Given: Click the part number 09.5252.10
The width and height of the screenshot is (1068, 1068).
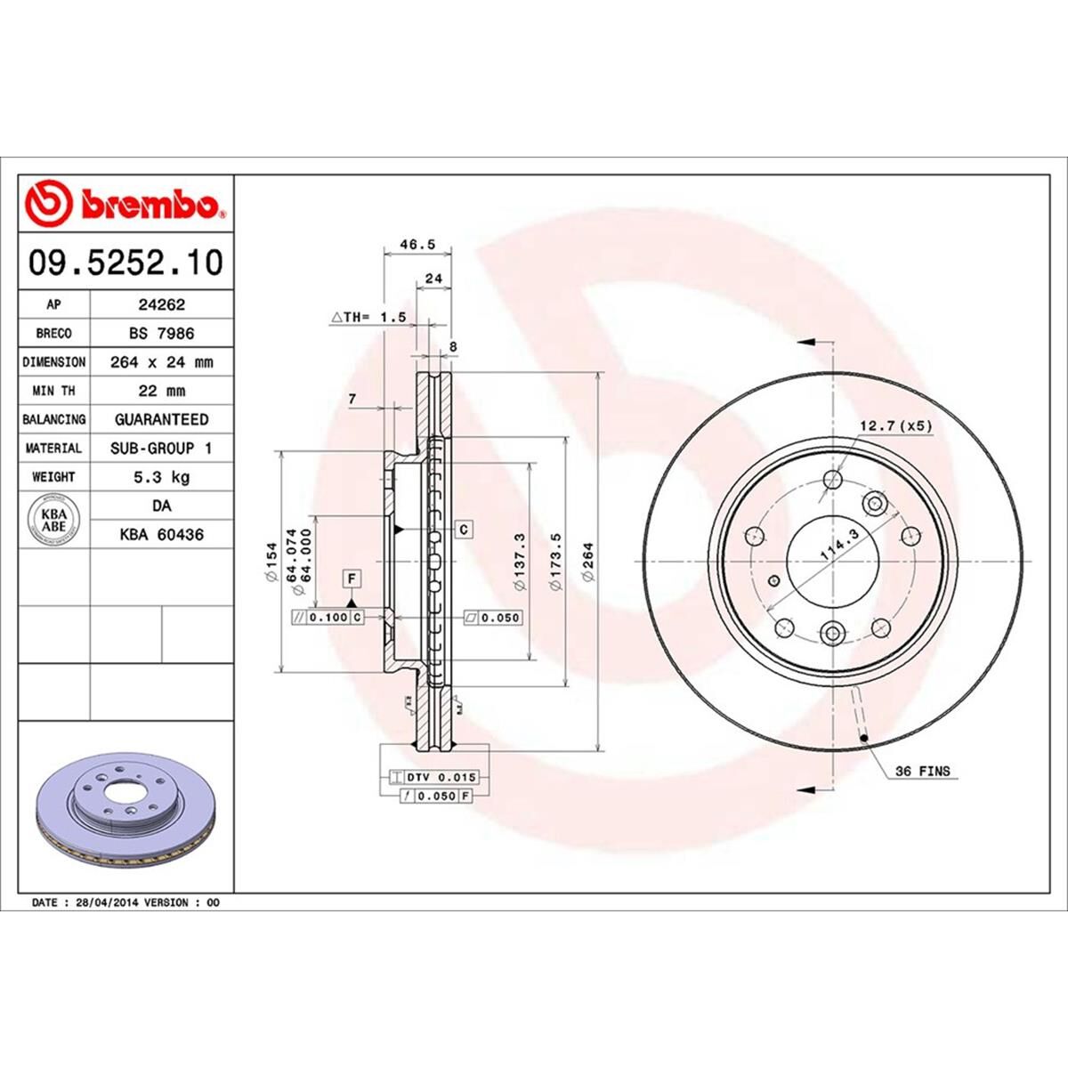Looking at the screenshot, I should [x=125, y=263].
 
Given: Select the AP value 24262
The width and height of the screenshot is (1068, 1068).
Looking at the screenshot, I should [x=161, y=304].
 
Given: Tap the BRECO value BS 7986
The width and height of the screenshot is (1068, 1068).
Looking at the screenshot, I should [x=161, y=333].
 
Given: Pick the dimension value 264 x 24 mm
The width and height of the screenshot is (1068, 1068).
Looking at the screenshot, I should [x=161, y=362].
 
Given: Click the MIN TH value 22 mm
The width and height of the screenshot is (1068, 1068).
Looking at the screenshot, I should [x=161, y=391].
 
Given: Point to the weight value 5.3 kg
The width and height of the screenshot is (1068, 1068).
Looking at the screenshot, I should [x=161, y=477].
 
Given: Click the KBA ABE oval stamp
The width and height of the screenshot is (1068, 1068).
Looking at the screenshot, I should [x=54, y=520].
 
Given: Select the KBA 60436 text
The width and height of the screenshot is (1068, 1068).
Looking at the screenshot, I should [x=161, y=535].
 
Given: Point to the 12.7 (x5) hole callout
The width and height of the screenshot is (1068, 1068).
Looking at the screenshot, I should [x=896, y=425].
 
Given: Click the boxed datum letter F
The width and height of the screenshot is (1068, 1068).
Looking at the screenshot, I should [x=352, y=579].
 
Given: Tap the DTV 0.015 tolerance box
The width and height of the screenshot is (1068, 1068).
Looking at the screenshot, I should [x=429, y=777].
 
